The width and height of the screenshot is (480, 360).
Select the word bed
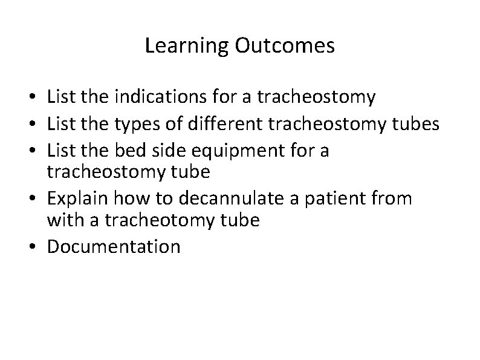131,150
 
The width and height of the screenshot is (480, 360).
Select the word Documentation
114,247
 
